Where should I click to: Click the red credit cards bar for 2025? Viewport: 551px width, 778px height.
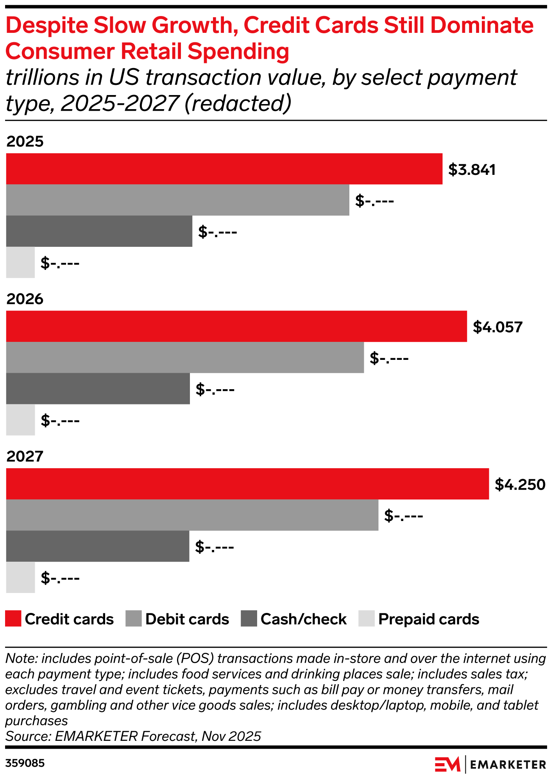224,169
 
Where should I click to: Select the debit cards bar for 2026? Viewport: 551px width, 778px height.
185,358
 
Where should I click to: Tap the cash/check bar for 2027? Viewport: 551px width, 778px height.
98,546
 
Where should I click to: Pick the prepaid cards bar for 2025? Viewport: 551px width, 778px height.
20,262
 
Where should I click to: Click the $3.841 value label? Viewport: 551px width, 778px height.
472,170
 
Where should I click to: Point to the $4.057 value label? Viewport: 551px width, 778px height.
497,327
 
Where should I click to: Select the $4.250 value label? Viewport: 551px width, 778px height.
520,485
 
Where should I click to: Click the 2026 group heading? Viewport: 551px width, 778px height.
25,299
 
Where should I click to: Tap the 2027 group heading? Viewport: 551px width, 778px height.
25,456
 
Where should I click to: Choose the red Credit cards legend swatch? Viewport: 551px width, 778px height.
13,619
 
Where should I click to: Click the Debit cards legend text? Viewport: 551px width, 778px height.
187,619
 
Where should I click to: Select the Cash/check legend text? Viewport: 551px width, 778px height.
304,619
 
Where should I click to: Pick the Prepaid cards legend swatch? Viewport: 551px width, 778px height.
366,619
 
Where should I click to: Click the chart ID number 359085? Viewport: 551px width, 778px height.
25,763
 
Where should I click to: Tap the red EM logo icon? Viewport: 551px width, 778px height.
447,764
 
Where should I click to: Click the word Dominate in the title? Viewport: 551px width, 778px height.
482,25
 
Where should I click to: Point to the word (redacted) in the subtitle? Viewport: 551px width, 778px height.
238,103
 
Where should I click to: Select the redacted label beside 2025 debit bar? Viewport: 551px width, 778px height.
374,201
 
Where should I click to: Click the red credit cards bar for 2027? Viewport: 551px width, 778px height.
247,483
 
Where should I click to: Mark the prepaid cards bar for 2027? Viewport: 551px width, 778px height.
20,577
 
